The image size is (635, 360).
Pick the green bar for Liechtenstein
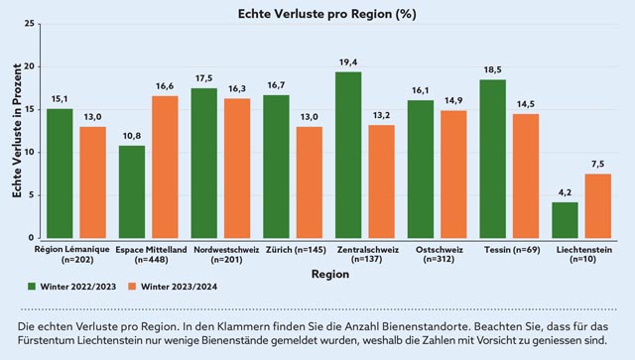[x=565, y=220]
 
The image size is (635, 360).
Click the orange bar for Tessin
[x=526, y=177]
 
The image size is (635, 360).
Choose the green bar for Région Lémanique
[x=60, y=174]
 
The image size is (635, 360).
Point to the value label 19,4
[x=348, y=61]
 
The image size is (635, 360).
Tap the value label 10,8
[x=132, y=136]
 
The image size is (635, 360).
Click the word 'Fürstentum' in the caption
[x=54, y=340]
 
